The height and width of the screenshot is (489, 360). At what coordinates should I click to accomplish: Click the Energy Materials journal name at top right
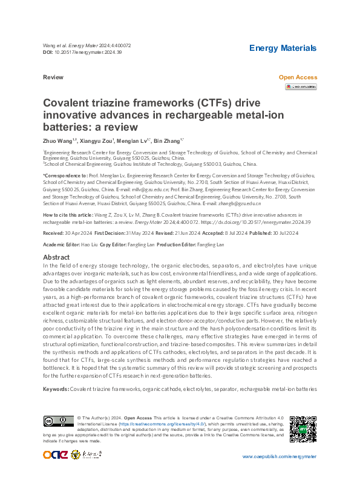[283, 48]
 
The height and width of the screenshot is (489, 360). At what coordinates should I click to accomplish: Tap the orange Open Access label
[297, 77]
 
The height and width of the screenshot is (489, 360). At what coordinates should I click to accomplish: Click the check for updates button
[301, 87]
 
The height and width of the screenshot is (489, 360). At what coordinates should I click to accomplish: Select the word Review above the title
[53, 78]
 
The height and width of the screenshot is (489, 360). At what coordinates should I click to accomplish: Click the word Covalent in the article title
[67, 104]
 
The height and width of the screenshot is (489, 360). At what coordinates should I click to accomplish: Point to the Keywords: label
[56, 388]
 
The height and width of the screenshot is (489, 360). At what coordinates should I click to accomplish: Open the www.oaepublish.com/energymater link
[279, 456]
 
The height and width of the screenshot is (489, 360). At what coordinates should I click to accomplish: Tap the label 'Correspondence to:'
[65, 175]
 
